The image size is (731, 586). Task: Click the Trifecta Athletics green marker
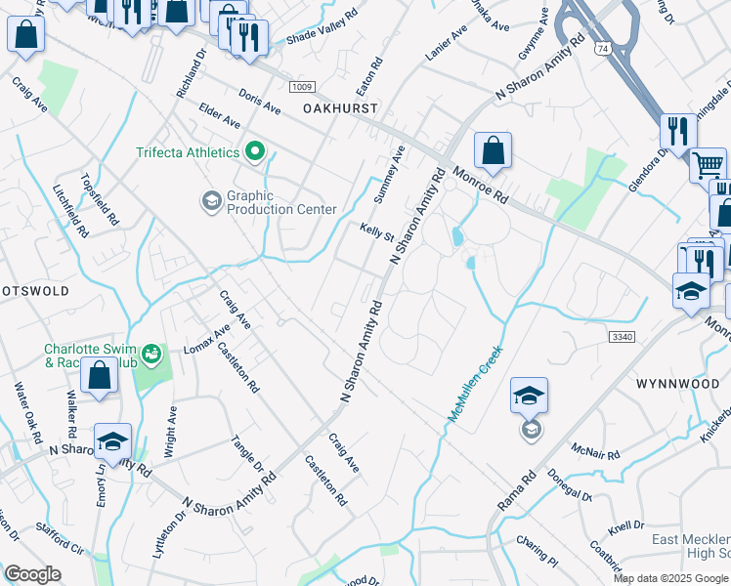coord(256,152)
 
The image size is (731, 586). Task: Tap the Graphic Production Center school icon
coord(211,201)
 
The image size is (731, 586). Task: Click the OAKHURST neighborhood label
coord(339,108)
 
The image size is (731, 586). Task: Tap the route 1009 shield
coord(301,87)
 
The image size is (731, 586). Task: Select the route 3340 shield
coord(621,336)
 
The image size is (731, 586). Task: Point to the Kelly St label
coord(375,232)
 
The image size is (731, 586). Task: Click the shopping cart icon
coord(708,164)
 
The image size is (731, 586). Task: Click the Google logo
coord(32,573)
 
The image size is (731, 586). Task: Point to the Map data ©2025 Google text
coord(670,578)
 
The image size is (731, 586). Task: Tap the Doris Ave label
coord(259,101)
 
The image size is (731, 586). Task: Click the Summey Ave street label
coord(390,173)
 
